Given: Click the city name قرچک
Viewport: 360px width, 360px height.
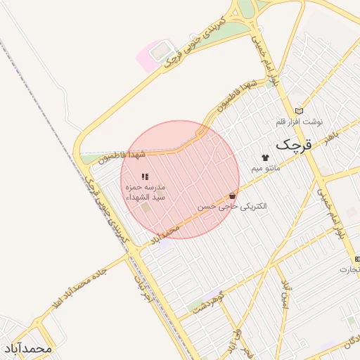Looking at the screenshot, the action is coord(291,145).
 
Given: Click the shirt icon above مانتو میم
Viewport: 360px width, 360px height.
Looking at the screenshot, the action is coord(265,157).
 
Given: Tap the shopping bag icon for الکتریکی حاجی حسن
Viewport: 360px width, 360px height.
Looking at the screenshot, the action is coord(232,195).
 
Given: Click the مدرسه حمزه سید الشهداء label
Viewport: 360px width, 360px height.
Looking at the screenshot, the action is coord(145,193).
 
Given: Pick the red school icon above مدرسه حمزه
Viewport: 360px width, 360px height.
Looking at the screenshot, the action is coord(144,177).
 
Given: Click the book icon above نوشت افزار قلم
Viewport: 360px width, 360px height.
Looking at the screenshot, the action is coord(300,110).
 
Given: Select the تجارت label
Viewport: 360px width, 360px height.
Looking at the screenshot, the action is coord(349,269).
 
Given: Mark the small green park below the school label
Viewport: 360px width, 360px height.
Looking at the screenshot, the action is coord(146,208).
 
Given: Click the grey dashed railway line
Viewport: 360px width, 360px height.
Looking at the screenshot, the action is coord(42,105).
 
